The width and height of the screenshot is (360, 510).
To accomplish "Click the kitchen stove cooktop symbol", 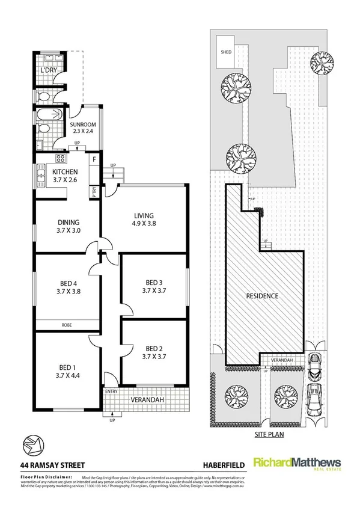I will click(x=60, y=159).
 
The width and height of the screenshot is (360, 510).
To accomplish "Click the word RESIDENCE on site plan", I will click(x=261, y=296).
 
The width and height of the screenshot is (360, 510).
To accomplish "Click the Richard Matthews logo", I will click(x=297, y=464).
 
